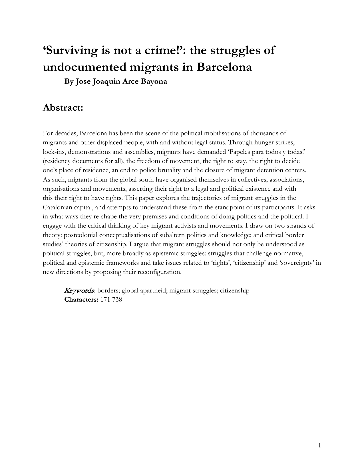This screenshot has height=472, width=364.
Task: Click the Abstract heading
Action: (63, 108)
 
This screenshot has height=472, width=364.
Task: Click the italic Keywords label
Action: (79, 291)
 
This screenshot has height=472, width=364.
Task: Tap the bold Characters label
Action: (81, 300)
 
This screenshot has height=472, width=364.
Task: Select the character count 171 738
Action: (111, 300)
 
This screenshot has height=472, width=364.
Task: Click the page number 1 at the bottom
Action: (319, 445)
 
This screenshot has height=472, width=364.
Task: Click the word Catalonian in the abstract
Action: (57, 207)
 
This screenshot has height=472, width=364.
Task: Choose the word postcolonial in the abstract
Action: (81, 235)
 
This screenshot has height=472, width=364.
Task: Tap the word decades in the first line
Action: (65, 134)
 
